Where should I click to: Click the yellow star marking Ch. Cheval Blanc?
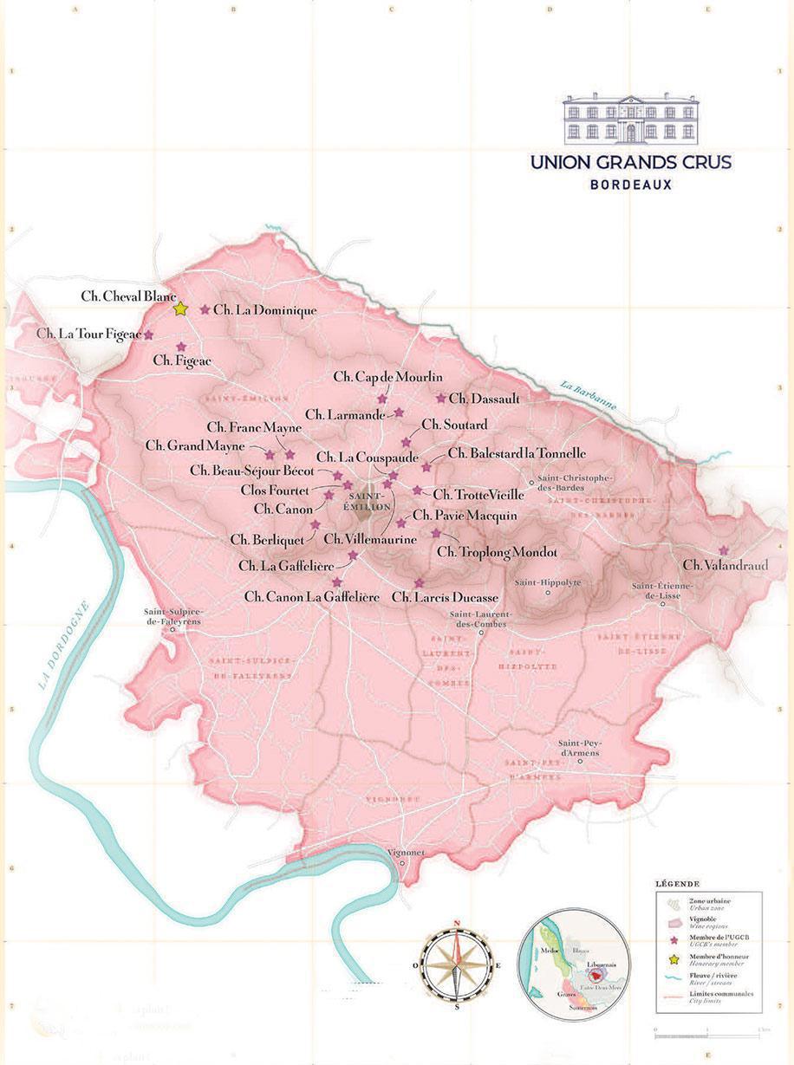coord(180,308)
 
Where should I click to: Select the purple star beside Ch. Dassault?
coord(441,399)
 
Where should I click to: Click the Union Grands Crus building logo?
coord(631,120)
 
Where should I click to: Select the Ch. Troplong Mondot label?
coord(496,551)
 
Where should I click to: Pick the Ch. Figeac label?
coord(181,359)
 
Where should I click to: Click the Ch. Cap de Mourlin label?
coord(387,377)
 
